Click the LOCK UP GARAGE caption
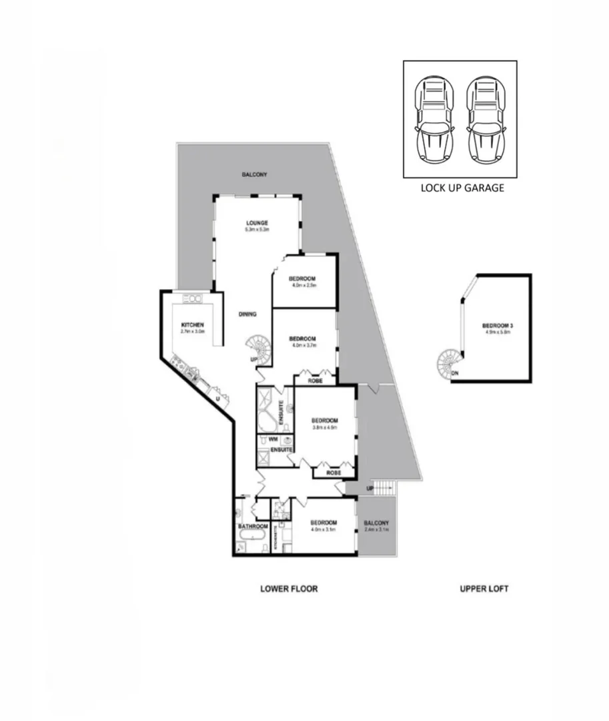tap(462, 188)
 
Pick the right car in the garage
tap(485, 119)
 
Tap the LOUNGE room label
tap(257, 223)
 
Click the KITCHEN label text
tap(191, 324)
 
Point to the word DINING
tap(247, 314)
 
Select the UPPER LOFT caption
tap(484, 589)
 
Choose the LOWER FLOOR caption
tap(289, 589)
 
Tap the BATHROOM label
tap(252, 527)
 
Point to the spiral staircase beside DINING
tap(259, 349)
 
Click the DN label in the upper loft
tap(454, 373)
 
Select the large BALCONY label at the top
tap(254, 174)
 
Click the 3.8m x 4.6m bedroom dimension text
tap(325, 427)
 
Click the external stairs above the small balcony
tap(383, 488)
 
